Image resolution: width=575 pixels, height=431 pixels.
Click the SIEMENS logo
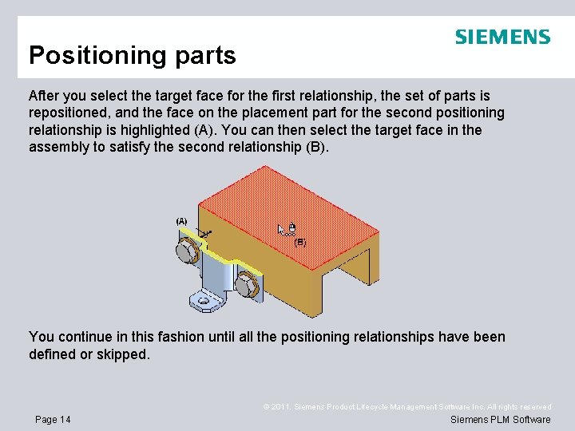tap(502, 37)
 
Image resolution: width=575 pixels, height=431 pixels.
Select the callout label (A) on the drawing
tap(181, 221)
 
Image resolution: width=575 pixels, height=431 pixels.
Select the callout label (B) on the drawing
tap(300, 242)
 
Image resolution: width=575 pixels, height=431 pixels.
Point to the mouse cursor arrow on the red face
tap(281, 229)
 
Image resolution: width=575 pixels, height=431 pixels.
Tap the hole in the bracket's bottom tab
tap(205, 301)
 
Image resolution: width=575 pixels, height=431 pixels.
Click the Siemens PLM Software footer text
tap(500, 420)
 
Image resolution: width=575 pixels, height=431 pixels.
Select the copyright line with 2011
tap(407, 407)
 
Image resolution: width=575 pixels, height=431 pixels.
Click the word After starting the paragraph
tap(47, 95)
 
